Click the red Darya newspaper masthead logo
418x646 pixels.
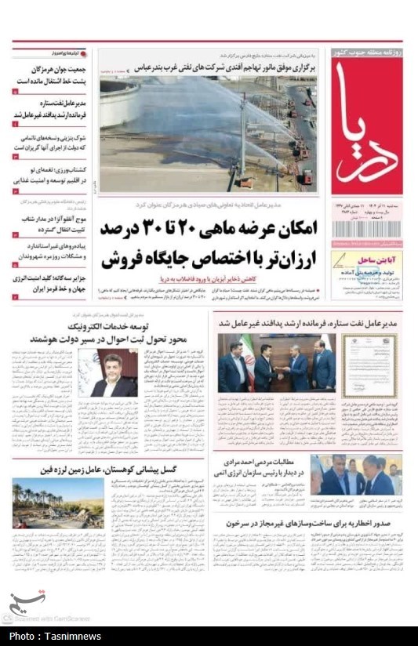click(366, 125)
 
